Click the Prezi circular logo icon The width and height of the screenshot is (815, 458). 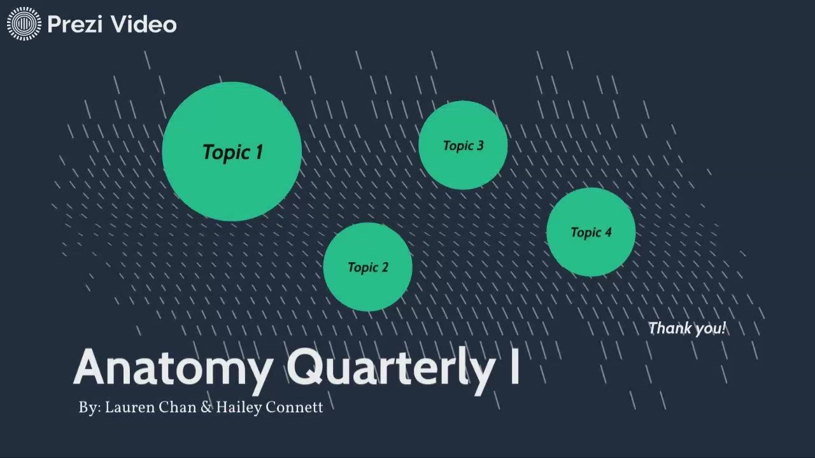point(24,24)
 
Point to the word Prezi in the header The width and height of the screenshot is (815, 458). point(76,25)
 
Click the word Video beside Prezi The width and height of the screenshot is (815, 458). point(144,25)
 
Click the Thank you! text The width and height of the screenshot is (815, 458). point(687,329)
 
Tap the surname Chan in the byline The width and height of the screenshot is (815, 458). point(177,408)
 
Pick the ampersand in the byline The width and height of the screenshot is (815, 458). point(206,408)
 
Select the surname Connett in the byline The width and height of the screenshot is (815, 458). point(294,408)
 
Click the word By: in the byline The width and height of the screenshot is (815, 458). point(90,408)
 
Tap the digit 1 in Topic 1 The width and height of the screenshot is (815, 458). point(259,152)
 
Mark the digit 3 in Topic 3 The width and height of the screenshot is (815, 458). point(480,146)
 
